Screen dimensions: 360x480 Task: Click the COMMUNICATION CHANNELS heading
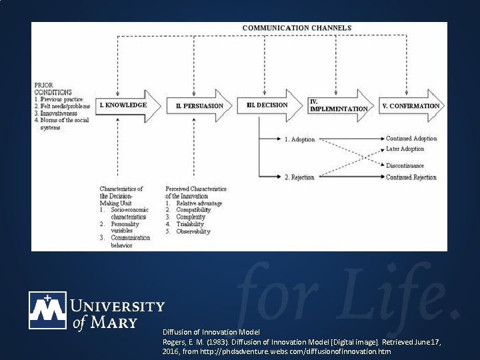point(296,27)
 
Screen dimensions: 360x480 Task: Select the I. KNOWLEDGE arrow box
point(127,105)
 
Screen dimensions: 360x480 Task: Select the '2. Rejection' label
point(299,177)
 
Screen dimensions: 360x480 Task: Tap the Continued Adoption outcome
point(411,139)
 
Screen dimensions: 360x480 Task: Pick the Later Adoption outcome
point(405,149)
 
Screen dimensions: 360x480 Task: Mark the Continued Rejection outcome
point(411,177)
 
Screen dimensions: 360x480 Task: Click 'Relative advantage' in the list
point(199,203)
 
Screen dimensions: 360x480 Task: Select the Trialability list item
point(189,225)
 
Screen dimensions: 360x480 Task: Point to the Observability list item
point(193,232)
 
